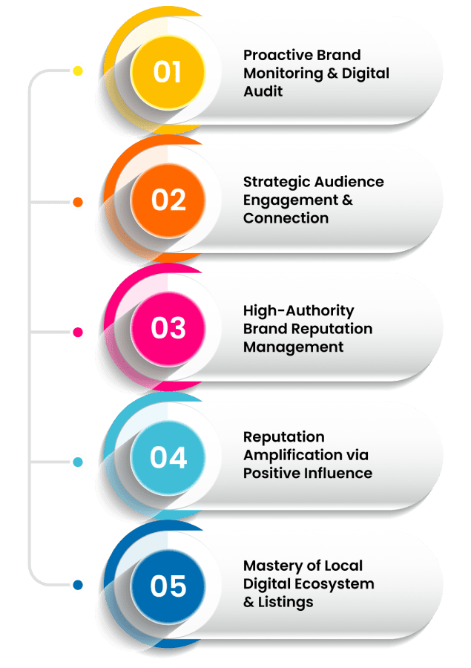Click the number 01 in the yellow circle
click(x=168, y=71)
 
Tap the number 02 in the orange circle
click(x=168, y=200)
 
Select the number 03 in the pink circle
click(x=168, y=329)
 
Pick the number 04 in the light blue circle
click(x=168, y=457)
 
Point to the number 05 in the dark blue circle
click(x=168, y=586)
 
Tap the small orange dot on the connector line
click(x=77, y=202)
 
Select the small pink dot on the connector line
click(x=77, y=331)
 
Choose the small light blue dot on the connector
click(x=77, y=462)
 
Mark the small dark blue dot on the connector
click(x=77, y=586)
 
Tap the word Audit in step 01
click(x=263, y=91)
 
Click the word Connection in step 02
click(x=286, y=218)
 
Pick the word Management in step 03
click(x=293, y=347)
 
